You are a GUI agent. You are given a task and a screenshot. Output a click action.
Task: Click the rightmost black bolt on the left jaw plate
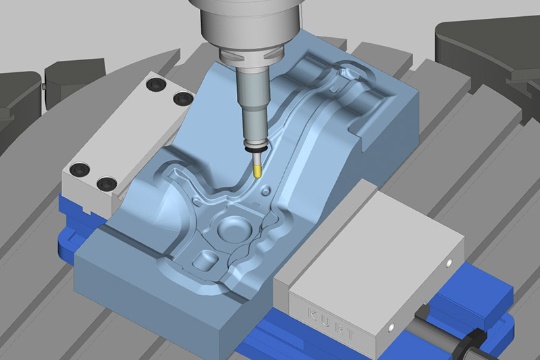(180, 99)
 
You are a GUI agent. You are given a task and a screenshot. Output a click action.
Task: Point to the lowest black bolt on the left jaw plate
(105, 183)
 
